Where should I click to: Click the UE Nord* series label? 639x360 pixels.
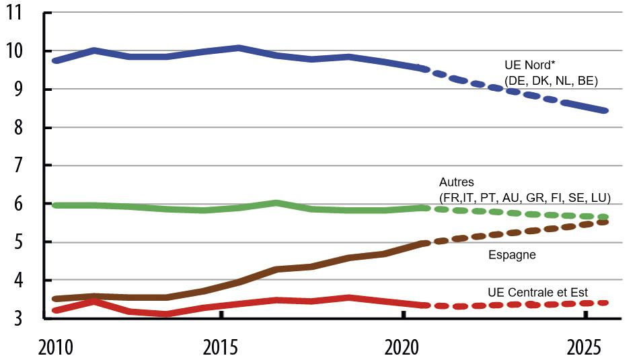(529, 66)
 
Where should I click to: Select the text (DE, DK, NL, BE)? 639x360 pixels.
(551, 81)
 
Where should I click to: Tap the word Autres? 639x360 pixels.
(457, 182)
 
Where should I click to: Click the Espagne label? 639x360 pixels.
(511, 255)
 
